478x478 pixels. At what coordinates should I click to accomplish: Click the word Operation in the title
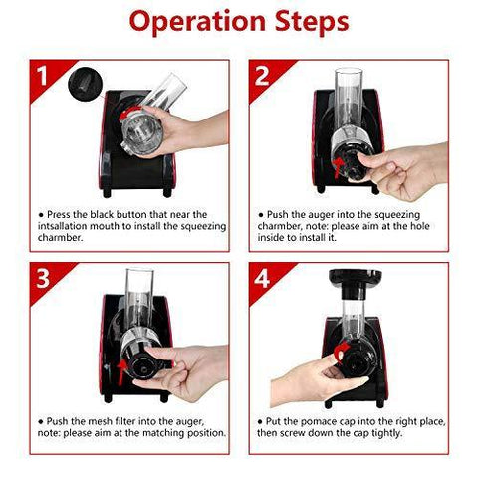(x=197, y=21)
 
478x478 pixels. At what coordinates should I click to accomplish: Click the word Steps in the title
(x=312, y=22)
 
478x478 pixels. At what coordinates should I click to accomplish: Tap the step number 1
(x=42, y=76)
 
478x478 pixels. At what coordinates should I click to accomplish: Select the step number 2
(x=262, y=76)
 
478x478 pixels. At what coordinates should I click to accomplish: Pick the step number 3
(x=43, y=278)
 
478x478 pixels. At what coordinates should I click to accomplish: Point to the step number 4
(x=262, y=278)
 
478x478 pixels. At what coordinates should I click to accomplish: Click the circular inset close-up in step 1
(x=84, y=84)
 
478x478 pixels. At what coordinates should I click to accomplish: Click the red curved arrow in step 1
(x=126, y=114)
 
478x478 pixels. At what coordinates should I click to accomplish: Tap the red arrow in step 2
(x=338, y=168)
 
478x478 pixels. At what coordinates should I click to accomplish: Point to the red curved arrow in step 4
(x=342, y=352)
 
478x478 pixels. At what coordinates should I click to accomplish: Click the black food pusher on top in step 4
(x=355, y=282)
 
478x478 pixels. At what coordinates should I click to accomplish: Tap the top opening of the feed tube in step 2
(x=349, y=71)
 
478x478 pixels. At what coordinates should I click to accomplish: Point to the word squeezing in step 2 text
(x=394, y=215)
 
